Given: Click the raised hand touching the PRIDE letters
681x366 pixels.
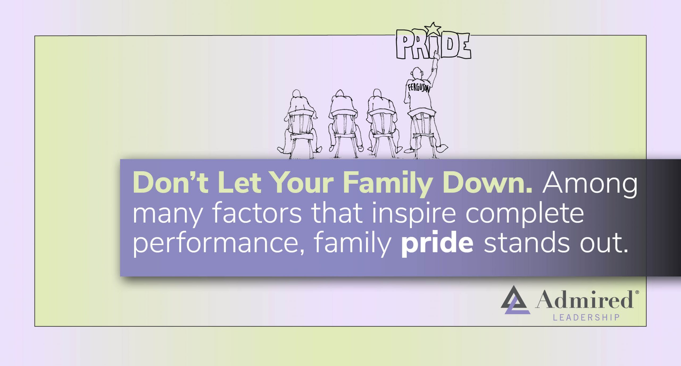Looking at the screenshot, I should (x=437, y=56).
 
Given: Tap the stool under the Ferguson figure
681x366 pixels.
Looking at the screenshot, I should (x=422, y=133).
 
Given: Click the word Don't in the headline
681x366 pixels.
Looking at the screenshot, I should (x=170, y=183).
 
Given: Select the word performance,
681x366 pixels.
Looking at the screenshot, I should (x=218, y=244).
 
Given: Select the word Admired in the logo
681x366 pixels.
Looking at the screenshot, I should (x=584, y=299).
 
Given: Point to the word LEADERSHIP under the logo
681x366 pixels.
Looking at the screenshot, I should (x=586, y=318).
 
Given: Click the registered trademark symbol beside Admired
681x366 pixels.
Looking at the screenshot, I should (x=637, y=292).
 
